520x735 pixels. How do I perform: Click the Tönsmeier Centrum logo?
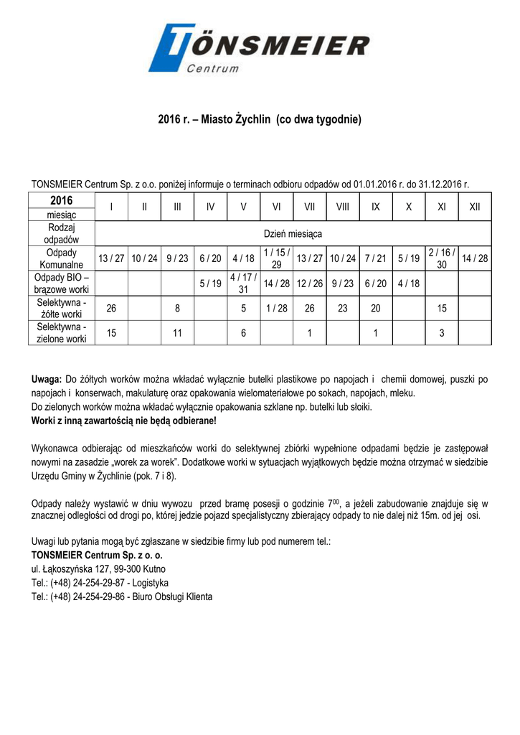point(259,47)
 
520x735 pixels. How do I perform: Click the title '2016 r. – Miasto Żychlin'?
point(260,119)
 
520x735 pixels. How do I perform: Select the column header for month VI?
point(276,207)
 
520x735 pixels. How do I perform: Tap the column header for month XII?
point(475,207)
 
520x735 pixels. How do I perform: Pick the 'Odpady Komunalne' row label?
point(62,258)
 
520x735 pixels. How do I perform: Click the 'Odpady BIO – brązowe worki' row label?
point(62,283)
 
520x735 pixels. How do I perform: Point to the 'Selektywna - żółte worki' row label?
point(62,308)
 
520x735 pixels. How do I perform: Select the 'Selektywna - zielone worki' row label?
point(62,332)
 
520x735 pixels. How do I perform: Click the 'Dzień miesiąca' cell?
point(293,234)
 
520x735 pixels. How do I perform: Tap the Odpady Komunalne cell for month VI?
point(276,258)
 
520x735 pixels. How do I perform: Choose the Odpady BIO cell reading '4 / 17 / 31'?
point(243,283)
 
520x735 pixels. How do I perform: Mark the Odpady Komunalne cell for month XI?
point(441,258)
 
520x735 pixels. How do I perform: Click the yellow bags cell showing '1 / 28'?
point(276,308)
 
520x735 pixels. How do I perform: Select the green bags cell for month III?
point(177,332)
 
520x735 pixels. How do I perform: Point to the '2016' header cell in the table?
point(62,200)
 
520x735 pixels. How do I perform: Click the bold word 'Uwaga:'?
point(47,379)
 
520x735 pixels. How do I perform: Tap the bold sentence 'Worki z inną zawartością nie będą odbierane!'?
point(124,420)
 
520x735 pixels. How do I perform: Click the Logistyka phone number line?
point(100,583)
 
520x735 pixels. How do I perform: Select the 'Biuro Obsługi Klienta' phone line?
point(122,596)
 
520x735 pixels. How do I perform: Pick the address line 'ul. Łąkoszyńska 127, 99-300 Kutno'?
point(99,569)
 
